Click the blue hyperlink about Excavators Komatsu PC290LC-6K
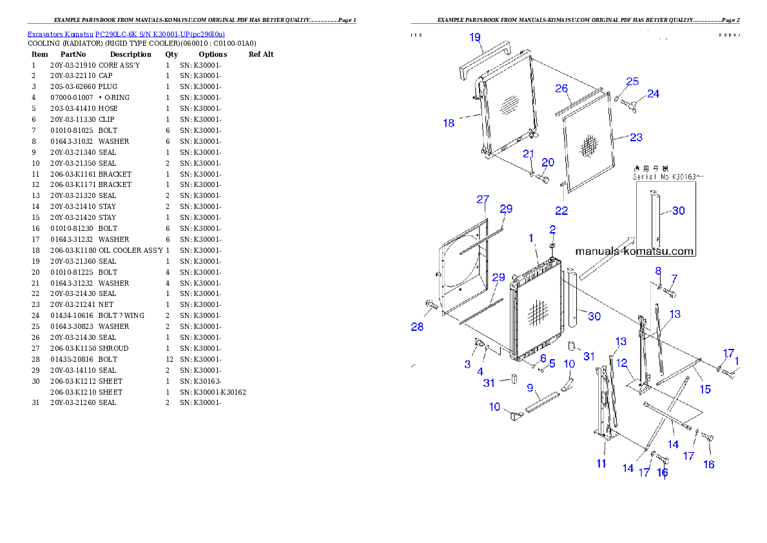[126, 34]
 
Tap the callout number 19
[475, 37]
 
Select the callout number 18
[449, 123]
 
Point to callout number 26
[561, 88]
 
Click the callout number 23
[636, 137]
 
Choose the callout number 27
[483, 199]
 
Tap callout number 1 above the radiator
[531, 238]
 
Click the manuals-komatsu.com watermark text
[634, 252]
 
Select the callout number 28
[418, 327]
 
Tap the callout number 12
[621, 363]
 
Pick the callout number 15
[705, 389]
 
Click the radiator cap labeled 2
[552, 246]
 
